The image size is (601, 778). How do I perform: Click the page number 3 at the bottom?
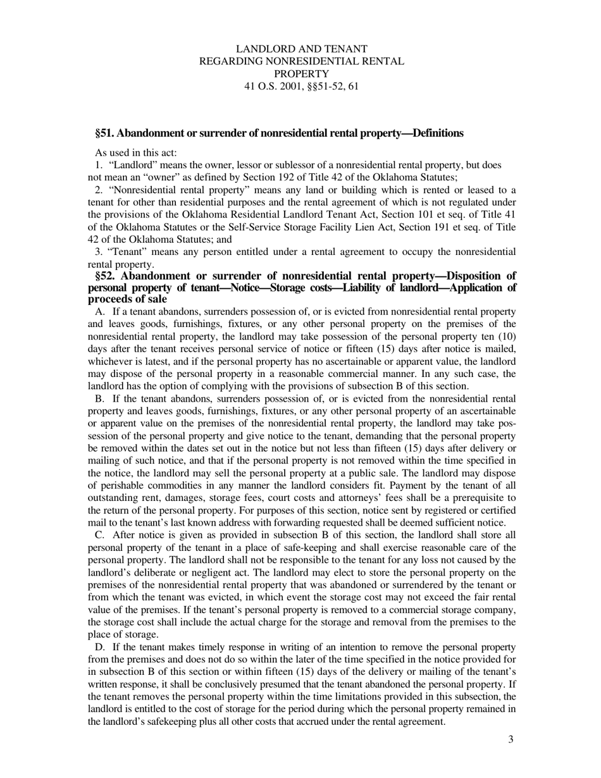click(x=511, y=739)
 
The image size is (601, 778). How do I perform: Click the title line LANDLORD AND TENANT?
click(x=301, y=49)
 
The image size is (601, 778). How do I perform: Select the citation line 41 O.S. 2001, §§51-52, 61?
click(x=301, y=86)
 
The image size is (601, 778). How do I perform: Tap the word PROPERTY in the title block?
click(x=301, y=73)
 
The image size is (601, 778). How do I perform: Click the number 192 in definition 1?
click(x=302, y=177)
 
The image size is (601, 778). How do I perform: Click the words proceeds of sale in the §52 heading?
click(x=127, y=299)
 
